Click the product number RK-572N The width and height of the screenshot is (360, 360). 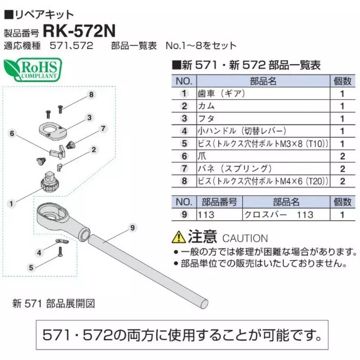pyautogui.click(x=79, y=31)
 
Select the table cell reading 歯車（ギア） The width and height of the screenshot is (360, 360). pyautogui.click(x=221, y=94)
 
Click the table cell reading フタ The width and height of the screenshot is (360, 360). pyautogui.click(x=206, y=119)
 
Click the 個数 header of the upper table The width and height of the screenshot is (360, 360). pyautogui.click(x=342, y=81)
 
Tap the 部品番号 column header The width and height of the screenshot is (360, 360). pyautogui.click(x=219, y=202)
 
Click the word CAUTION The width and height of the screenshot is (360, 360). pyautogui.click(x=245, y=238)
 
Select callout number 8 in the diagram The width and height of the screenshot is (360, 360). pyautogui.click(x=91, y=94)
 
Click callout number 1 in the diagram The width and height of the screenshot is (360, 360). pyautogui.click(x=11, y=204)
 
